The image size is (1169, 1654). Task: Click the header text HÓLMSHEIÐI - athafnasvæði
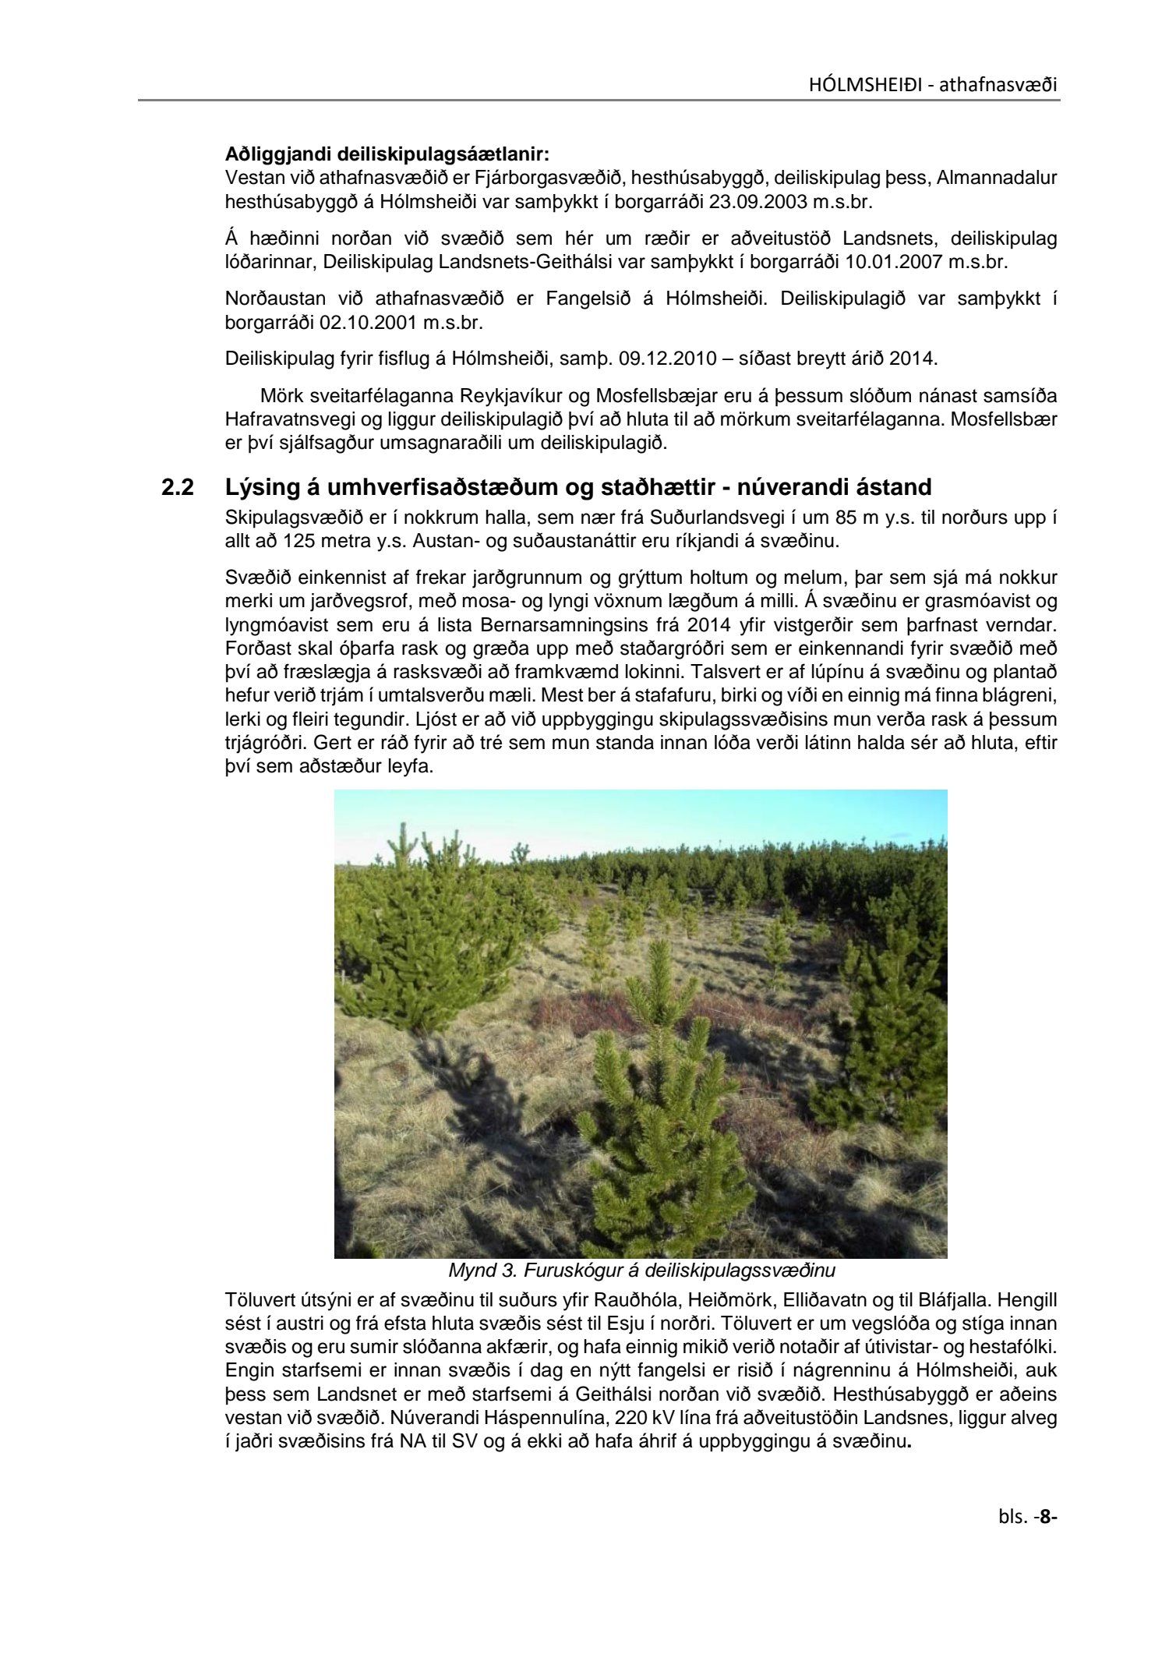click(x=932, y=84)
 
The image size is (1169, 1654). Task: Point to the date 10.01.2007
click(x=894, y=262)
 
